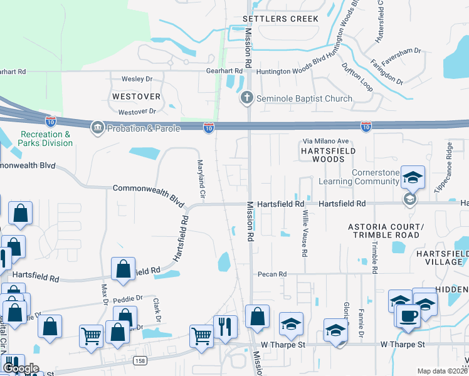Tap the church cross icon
coord(247,98)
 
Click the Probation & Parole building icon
coord(97,128)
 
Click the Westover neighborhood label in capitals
coord(136,97)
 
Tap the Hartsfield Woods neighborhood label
coord(327,155)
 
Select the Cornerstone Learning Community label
coord(366,177)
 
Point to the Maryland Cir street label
coord(201,176)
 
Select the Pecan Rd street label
coord(272,274)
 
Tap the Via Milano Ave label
coord(326,141)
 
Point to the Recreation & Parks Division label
coord(46,138)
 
